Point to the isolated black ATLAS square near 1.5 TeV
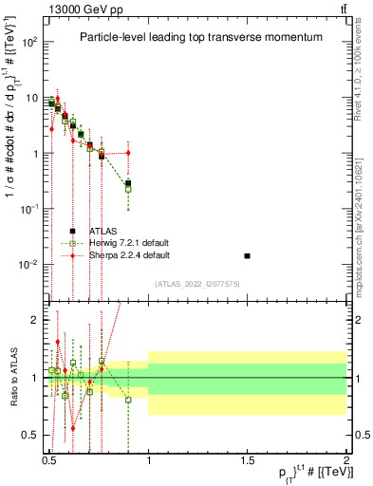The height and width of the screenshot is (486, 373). click(x=248, y=256)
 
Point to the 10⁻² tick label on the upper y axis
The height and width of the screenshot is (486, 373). click(x=28, y=265)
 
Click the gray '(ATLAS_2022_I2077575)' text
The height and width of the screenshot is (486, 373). click(x=196, y=283)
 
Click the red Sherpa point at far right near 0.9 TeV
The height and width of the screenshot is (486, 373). click(x=128, y=153)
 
